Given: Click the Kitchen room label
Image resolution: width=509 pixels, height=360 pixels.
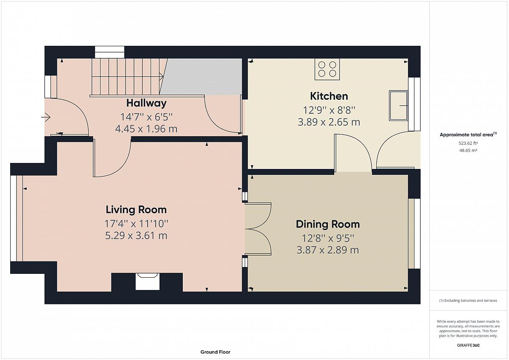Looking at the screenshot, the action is (x=329, y=96).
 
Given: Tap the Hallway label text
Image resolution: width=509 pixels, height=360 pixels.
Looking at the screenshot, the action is (x=146, y=103).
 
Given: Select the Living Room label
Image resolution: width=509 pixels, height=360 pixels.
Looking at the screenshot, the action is (x=136, y=210).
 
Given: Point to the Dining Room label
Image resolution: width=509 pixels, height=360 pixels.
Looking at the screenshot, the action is (x=327, y=224).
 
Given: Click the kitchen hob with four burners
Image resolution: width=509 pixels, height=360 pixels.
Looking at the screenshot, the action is (x=327, y=69).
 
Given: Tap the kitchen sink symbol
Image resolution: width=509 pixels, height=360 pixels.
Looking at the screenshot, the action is (x=399, y=106).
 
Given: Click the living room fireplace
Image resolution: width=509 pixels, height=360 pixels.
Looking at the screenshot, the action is (x=147, y=281).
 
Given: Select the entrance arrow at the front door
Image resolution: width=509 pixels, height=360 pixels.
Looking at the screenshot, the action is (x=46, y=117).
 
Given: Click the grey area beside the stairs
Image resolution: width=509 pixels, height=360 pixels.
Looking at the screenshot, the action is (x=201, y=77).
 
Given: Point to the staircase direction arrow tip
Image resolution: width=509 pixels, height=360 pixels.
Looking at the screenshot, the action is (x=163, y=77).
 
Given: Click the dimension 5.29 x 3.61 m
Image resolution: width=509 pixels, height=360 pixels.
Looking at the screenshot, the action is (x=136, y=235).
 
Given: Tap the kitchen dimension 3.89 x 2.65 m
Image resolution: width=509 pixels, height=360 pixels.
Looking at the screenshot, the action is (x=329, y=122).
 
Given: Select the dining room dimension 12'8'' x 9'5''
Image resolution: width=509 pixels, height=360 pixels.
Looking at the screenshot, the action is (x=327, y=238).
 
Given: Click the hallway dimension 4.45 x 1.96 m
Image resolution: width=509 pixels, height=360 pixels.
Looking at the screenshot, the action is (x=146, y=129).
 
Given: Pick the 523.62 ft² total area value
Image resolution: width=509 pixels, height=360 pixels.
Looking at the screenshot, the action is (x=468, y=143).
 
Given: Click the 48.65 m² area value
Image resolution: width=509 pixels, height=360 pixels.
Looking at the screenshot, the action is (x=468, y=150).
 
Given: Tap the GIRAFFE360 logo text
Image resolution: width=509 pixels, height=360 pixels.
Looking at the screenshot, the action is (x=468, y=345).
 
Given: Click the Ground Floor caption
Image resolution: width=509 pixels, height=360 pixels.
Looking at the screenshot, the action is (x=215, y=352).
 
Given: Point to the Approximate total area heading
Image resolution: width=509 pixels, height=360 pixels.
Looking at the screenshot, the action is (x=468, y=135).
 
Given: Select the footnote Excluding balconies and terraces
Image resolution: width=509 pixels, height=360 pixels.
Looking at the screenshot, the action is (x=468, y=301).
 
